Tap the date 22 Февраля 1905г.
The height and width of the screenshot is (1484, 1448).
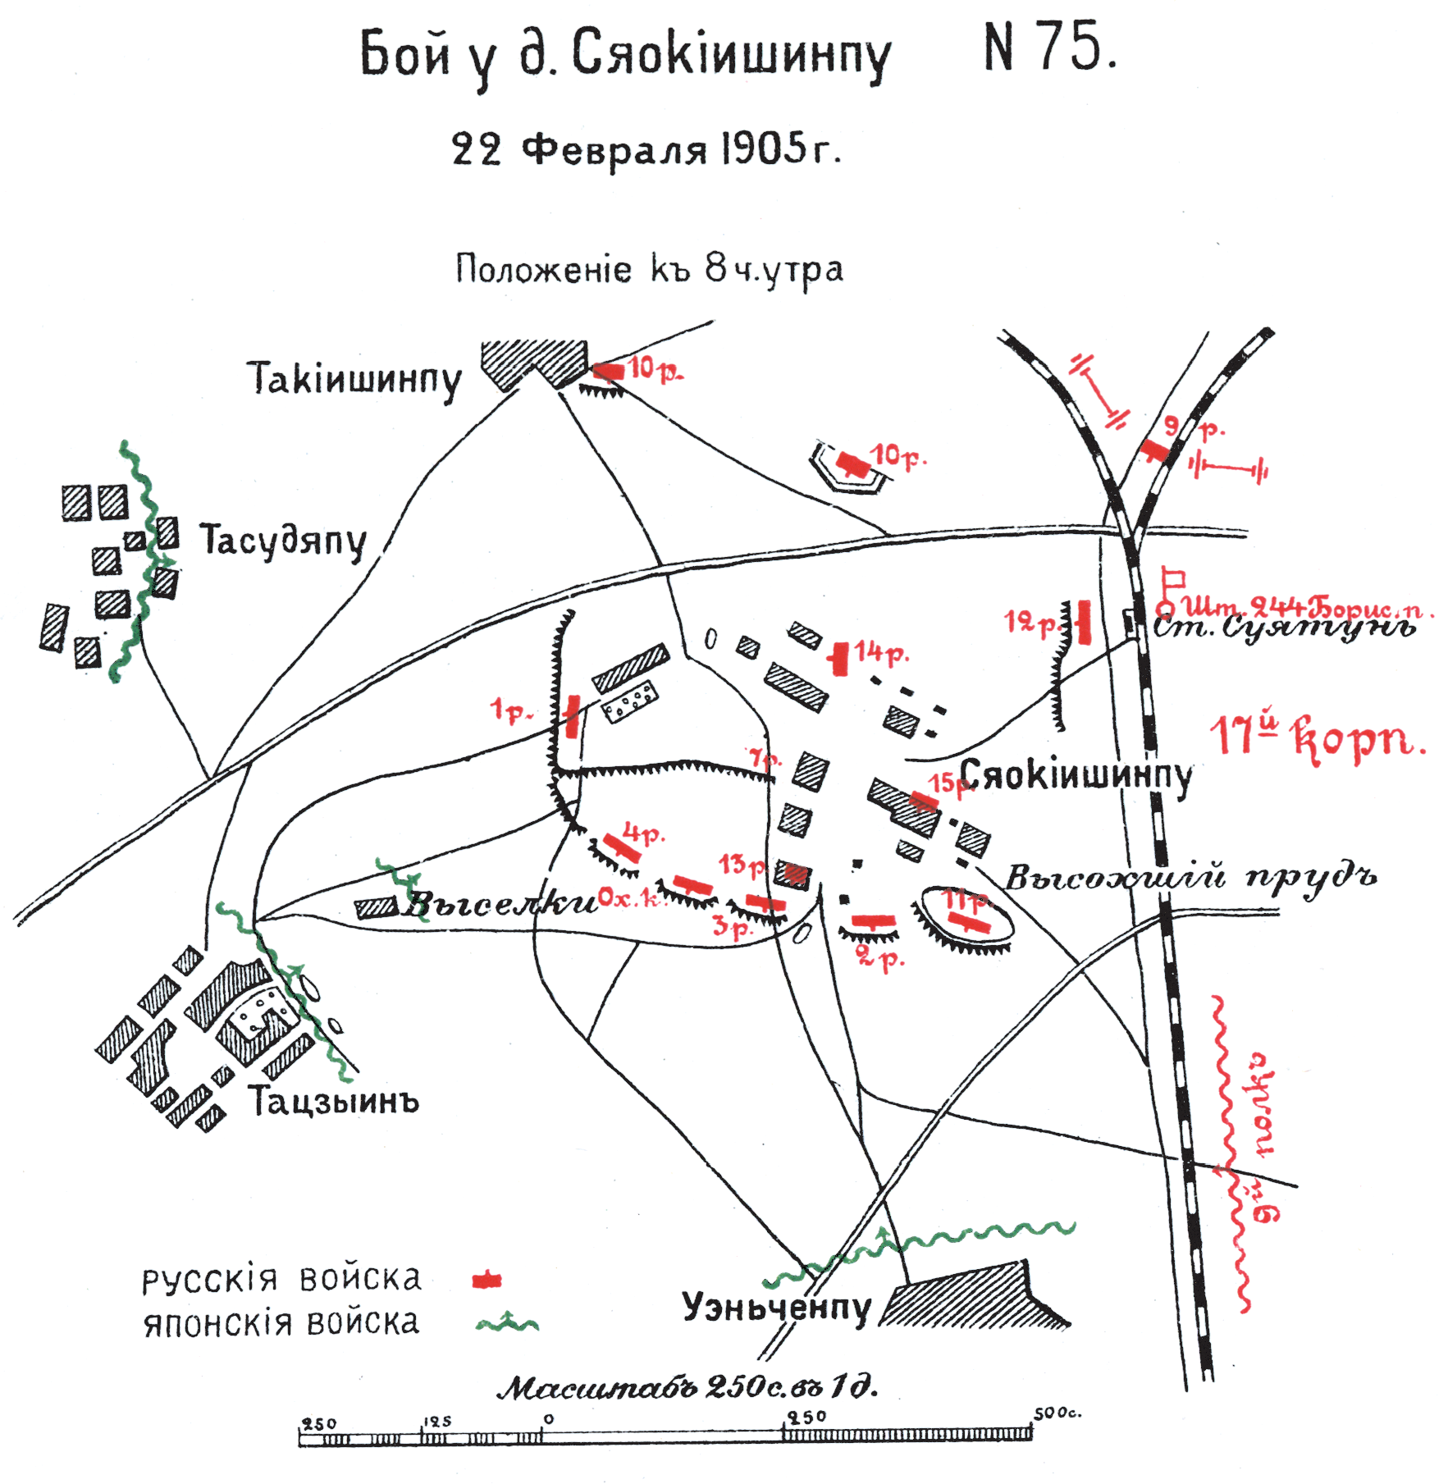click(646, 150)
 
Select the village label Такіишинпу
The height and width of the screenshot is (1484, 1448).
click(354, 380)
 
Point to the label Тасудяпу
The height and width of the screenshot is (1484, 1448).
click(283, 541)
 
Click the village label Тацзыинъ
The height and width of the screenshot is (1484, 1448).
click(334, 1102)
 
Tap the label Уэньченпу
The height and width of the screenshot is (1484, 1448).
click(776, 1307)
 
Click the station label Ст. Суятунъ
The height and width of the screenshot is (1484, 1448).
click(1285, 628)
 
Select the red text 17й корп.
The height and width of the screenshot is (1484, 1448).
click(1318, 737)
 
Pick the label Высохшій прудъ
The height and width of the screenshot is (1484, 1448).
click(1190, 878)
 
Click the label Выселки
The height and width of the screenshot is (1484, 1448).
click(500, 904)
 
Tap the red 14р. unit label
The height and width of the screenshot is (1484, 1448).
click(881, 653)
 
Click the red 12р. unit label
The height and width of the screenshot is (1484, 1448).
click(1032, 623)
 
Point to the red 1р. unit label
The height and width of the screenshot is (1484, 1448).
click(511, 712)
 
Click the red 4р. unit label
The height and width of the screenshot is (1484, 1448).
click(644, 835)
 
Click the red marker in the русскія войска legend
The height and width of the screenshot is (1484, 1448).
click(487, 1281)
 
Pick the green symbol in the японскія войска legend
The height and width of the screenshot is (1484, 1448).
click(508, 1322)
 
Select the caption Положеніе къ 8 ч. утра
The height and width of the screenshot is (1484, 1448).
click(649, 270)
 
